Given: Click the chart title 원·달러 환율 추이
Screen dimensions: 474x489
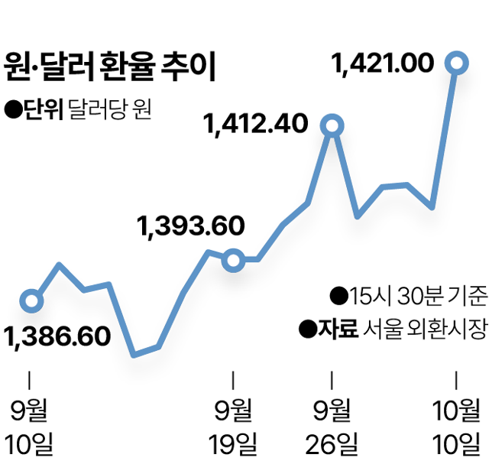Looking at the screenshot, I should [x=111, y=67].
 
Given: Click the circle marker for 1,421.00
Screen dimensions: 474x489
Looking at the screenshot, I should [x=457, y=63].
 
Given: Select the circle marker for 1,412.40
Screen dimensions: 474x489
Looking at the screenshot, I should [x=332, y=125].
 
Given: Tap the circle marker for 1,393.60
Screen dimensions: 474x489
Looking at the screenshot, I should [x=233, y=261].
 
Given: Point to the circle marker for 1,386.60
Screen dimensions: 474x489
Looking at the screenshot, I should [x=31, y=300].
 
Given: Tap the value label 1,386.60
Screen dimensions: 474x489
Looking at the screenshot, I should [x=58, y=336].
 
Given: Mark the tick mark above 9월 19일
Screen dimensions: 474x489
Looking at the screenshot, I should [x=233, y=379].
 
